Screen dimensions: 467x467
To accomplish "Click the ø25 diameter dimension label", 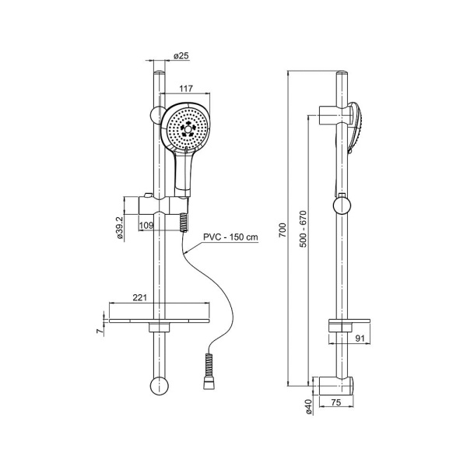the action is click(x=181, y=55).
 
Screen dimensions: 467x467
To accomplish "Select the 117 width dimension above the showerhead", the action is click(x=186, y=89).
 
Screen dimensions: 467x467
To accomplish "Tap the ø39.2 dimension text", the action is click(x=120, y=228).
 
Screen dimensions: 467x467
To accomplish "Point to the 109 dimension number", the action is click(x=146, y=226).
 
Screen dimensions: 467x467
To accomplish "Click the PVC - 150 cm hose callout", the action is click(x=230, y=237).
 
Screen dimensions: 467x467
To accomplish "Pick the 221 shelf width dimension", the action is click(x=139, y=297).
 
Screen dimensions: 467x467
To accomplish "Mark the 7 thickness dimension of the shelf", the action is click(x=100, y=331).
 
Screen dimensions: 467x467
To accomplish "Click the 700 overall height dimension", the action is click(x=283, y=230).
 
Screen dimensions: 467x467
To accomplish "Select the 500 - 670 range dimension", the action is click(x=303, y=229).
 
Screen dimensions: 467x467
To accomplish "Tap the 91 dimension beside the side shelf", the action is click(x=360, y=339).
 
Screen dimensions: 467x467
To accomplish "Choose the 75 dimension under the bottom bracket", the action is click(x=336, y=402).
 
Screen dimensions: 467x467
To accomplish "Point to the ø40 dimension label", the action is click(x=308, y=407).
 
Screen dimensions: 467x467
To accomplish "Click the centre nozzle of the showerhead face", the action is click(x=188, y=129).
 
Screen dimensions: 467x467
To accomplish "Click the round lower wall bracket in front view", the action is click(x=159, y=386).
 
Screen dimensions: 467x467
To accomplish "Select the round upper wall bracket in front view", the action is click(x=156, y=114).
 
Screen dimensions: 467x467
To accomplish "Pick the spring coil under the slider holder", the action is click(x=184, y=223).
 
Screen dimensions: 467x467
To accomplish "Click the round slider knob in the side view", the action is click(x=342, y=205).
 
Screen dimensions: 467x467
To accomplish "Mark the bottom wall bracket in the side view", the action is click(x=336, y=385).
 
